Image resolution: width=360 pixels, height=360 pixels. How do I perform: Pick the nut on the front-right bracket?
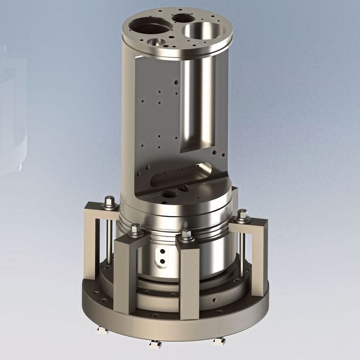(x=187, y=234)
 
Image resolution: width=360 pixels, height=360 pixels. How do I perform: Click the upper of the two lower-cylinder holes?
(x=160, y=253)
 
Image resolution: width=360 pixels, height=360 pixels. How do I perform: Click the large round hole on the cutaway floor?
(x=169, y=194)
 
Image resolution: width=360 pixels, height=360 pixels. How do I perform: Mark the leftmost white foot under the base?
(x=100, y=330)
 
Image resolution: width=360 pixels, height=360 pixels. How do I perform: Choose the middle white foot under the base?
(x=157, y=344)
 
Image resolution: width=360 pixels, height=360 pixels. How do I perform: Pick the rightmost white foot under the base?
(x=219, y=340)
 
